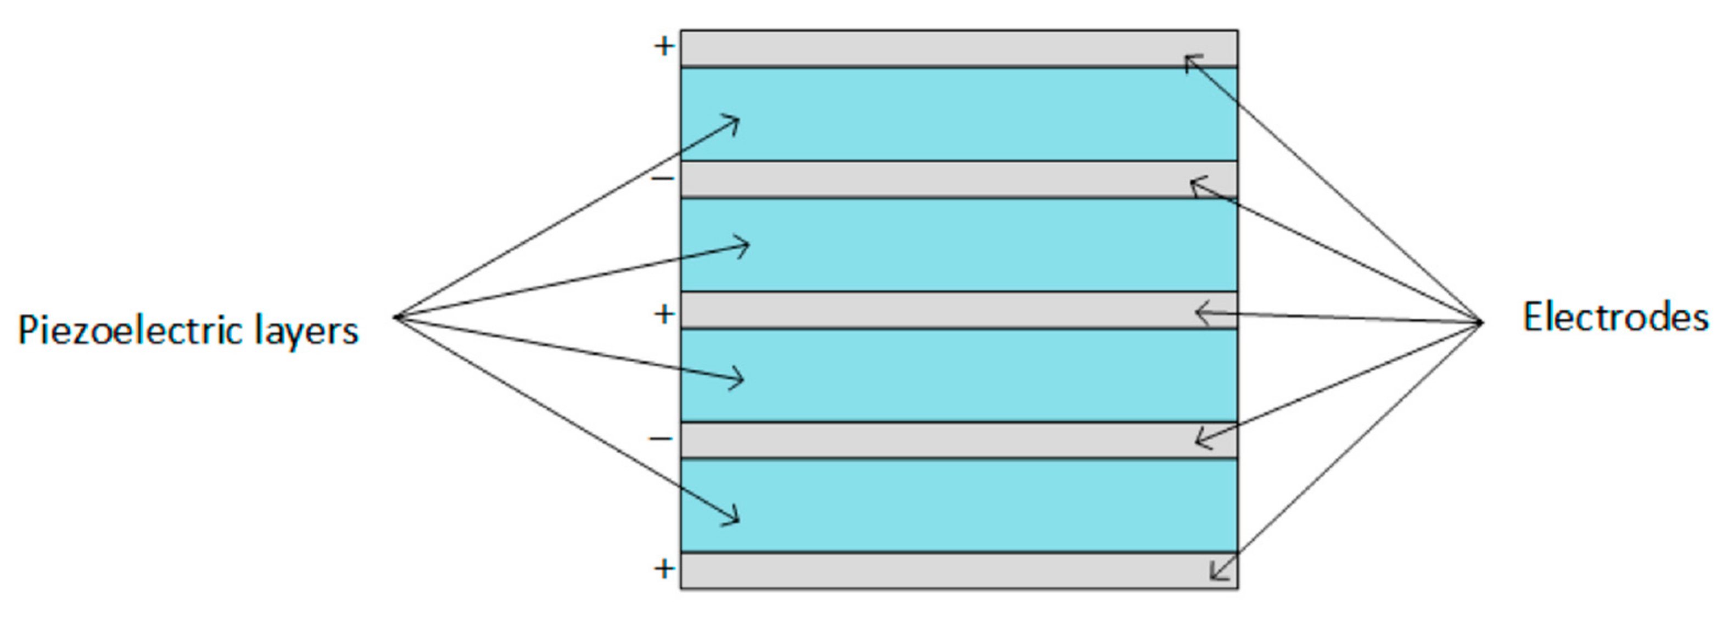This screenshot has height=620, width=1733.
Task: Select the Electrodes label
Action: click(1614, 317)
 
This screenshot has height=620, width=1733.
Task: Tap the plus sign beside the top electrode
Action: click(664, 47)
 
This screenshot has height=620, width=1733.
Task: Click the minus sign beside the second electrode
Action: click(663, 179)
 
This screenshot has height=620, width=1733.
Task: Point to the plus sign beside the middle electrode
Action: click(664, 314)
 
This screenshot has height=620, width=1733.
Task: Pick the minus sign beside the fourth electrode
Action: click(661, 440)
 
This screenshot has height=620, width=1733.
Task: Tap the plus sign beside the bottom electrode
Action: click(664, 569)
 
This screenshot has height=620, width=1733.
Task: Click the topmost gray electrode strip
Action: click(942, 48)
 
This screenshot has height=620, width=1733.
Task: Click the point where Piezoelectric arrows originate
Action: click(396, 317)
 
